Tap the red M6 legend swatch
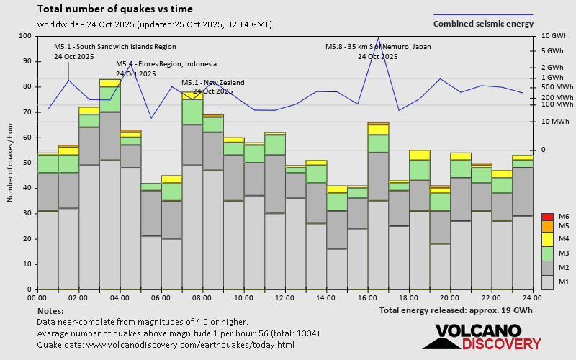click(546, 217)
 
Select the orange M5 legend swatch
click(546, 226)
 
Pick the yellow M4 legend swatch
click(546, 238)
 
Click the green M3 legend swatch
click(546, 253)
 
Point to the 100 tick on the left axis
click(26, 36)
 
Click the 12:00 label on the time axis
click(285, 297)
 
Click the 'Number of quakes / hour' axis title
click(11, 163)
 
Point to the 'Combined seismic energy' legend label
click(483, 24)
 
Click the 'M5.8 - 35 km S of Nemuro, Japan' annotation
click(378, 47)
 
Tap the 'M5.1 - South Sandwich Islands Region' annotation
click(115, 47)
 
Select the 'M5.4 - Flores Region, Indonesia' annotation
click(166, 64)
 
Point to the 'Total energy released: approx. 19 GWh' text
click(456, 310)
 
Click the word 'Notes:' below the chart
click(50, 310)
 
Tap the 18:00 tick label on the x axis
click(409, 297)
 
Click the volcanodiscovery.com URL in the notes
click(190, 345)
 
